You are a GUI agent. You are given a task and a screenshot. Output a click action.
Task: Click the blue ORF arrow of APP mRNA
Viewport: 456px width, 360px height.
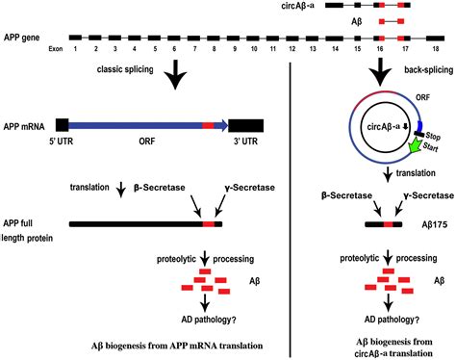[x=144, y=125]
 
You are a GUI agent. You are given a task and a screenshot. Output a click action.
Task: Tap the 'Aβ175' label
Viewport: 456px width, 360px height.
[x=435, y=224]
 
